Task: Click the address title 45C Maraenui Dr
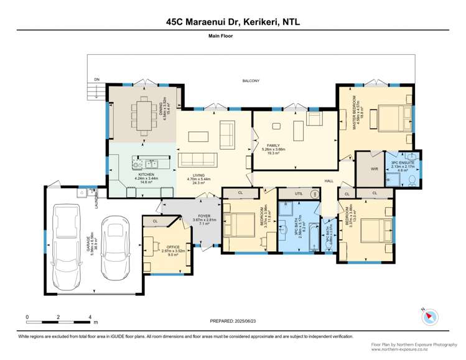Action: (x=233, y=21)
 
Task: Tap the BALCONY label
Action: (x=251, y=81)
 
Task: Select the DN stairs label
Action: (x=96, y=80)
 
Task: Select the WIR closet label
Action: (x=366, y=167)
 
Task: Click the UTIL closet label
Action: (x=299, y=193)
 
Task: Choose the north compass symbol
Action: (x=427, y=316)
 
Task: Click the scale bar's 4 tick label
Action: (x=91, y=317)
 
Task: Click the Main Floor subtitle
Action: (x=233, y=36)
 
